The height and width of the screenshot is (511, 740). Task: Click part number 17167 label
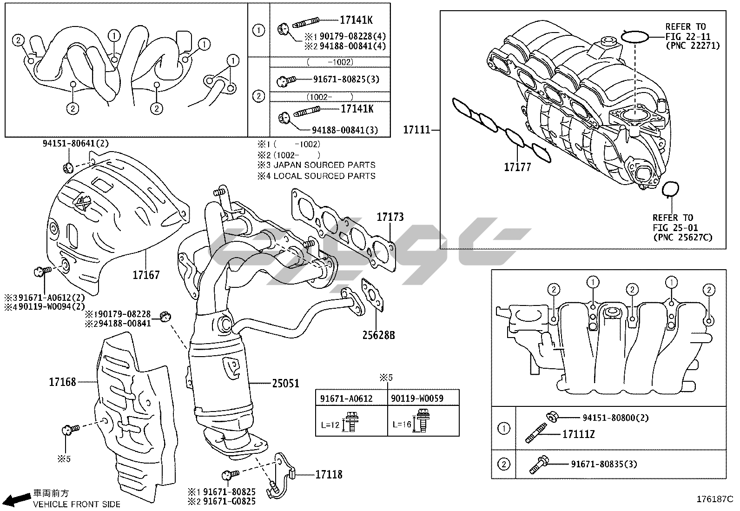[146, 275]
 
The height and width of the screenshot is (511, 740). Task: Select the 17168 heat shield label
[62, 382]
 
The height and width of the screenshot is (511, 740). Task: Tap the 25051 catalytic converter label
[285, 384]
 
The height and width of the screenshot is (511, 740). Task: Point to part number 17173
[390, 217]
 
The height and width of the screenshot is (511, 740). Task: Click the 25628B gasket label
[379, 334]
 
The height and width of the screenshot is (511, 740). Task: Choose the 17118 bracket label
[329, 474]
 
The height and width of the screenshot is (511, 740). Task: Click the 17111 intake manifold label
[417, 130]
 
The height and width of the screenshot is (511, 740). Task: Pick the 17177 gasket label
[517, 167]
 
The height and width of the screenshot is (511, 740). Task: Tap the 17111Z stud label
[578, 435]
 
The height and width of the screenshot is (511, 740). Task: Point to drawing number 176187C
[714, 499]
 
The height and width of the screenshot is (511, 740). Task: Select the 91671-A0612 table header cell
[346, 398]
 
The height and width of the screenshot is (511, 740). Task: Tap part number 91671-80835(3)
[603, 464]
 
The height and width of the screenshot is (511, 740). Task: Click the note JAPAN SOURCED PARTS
[324, 165]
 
